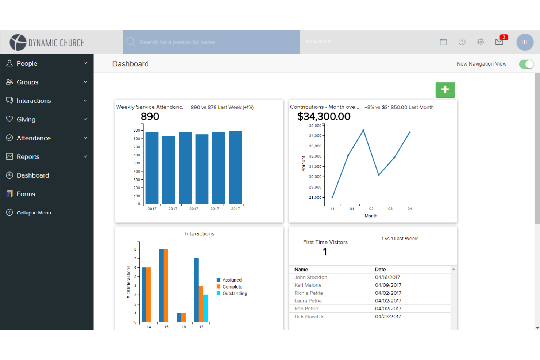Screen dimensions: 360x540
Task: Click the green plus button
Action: tap(445, 90)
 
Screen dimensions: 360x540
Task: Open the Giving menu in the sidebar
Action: tap(26, 119)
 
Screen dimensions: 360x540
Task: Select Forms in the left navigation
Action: tap(26, 194)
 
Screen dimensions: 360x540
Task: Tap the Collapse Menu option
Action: tap(34, 213)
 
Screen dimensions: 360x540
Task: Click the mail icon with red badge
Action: tap(499, 42)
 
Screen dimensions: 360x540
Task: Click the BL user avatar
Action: tap(525, 42)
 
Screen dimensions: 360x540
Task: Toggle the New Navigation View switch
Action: tap(526, 64)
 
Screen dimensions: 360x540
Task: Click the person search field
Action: tap(212, 42)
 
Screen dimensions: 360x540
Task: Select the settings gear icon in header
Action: tap(481, 42)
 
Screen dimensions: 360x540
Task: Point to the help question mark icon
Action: tap(462, 42)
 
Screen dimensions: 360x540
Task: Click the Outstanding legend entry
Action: tap(235, 294)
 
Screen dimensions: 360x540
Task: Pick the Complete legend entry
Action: tap(232, 287)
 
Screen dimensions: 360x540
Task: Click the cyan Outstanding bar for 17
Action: tap(205, 308)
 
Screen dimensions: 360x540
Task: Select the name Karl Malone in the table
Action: tap(308, 285)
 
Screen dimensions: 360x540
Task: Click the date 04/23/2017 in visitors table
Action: tap(388, 317)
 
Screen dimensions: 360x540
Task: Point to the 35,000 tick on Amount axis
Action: tap(315, 125)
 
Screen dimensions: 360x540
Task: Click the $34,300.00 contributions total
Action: tap(324, 117)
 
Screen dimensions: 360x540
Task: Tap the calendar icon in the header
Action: tap(443, 42)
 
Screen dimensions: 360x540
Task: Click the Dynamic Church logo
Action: tap(47, 42)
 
